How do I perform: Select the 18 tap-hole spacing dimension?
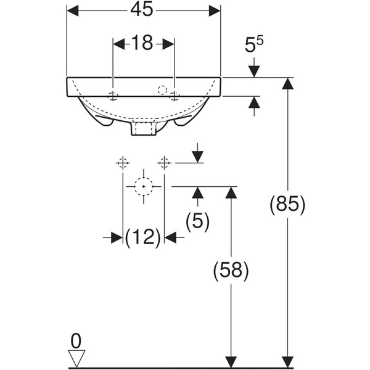click(142, 43)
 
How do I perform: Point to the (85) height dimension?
click(287, 204)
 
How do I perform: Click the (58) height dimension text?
click(231, 269)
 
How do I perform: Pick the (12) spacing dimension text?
click(143, 236)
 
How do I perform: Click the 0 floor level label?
click(76, 340)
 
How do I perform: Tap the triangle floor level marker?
click(76, 358)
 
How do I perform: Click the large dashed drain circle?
click(144, 186)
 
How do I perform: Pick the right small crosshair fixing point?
click(164, 163)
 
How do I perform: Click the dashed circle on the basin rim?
click(163, 89)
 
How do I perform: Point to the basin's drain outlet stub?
click(143, 129)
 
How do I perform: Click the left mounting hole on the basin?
click(113, 95)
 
